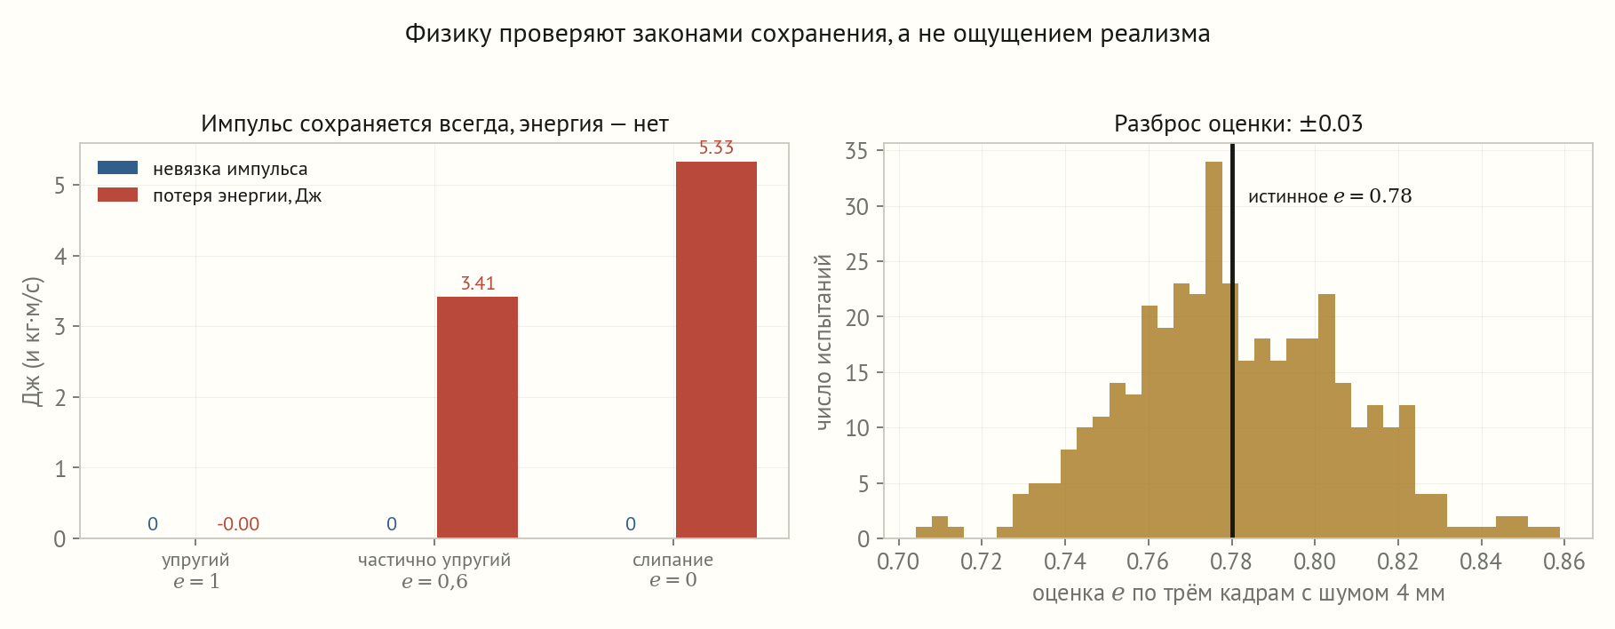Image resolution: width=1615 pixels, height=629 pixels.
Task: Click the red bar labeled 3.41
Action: [x=477, y=418]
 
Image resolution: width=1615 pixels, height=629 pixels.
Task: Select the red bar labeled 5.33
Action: [x=716, y=350]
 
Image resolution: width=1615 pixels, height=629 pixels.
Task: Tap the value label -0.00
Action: [x=238, y=524]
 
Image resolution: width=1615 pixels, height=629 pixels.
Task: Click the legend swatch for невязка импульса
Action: [x=117, y=168]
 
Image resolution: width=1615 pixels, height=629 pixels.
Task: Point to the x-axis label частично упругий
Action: [x=434, y=561]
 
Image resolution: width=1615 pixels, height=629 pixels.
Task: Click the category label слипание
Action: [x=672, y=561]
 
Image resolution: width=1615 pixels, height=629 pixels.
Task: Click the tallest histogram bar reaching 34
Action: [x=1213, y=350]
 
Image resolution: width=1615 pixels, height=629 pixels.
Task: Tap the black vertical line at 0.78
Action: [x=1232, y=341]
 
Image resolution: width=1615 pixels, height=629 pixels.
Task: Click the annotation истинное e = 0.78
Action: [x=1330, y=196]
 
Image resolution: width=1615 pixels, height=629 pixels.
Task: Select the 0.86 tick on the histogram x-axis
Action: [x=1563, y=561]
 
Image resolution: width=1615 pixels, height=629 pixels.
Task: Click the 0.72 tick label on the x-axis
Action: [x=982, y=561]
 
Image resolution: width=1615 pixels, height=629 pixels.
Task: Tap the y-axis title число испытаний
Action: [x=824, y=342]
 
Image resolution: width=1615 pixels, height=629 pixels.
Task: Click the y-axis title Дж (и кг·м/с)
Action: [x=32, y=341]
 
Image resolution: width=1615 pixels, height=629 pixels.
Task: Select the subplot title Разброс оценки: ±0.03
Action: [x=1238, y=123]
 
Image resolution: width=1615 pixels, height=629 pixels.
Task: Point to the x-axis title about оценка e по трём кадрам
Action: [x=1238, y=593]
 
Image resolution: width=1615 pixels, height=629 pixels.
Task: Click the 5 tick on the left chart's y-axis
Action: [x=60, y=186]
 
